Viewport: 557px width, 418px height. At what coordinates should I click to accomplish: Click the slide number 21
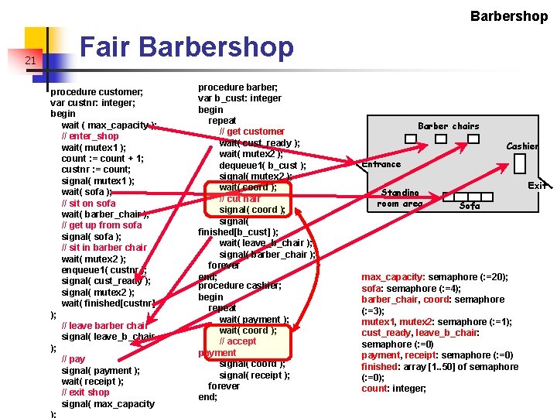point(30,61)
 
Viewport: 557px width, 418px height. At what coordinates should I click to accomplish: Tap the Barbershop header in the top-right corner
point(508,15)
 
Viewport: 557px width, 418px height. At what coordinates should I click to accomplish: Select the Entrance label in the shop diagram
point(381,164)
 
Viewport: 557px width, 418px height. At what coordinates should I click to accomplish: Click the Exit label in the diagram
point(538,186)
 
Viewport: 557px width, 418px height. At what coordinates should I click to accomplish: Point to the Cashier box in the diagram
point(519,164)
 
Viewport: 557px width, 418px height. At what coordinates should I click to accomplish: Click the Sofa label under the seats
point(470,206)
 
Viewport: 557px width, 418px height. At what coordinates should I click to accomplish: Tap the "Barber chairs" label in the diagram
point(448,126)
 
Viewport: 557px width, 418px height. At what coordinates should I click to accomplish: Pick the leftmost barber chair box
point(411,139)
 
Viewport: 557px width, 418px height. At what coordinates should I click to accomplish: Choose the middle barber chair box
point(440,139)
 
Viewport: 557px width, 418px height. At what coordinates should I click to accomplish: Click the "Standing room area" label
point(400,198)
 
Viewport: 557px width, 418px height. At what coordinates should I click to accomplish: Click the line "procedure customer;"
point(97,92)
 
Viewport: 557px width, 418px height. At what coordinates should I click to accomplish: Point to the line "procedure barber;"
point(238,87)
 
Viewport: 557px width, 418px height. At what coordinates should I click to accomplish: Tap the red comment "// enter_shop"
point(90,136)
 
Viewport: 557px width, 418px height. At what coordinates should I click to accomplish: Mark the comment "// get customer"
point(252,132)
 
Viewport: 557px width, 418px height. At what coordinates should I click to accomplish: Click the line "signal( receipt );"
point(255,375)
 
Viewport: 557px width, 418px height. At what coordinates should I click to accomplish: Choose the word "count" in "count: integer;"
point(374,389)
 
